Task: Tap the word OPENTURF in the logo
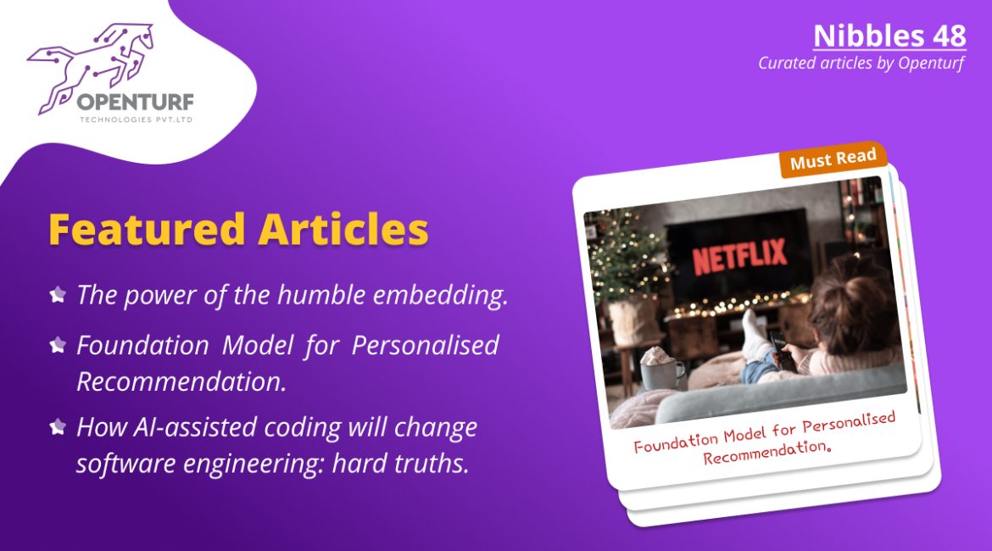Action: (x=136, y=102)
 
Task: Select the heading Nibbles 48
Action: (x=889, y=36)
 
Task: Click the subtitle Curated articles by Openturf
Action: (x=861, y=64)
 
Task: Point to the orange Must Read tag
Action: (x=833, y=159)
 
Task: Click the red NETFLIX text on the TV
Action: (x=739, y=255)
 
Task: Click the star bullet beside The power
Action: (x=58, y=294)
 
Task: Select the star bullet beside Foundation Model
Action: (x=58, y=345)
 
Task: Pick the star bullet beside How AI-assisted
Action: (x=58, y=427)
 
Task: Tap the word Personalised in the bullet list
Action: (x=425, y=345)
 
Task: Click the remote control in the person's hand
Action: (x=783, y=350)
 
